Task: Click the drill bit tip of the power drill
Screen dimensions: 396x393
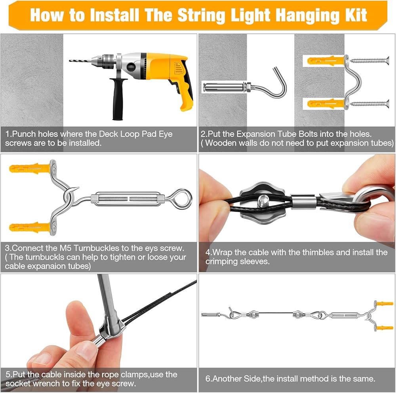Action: [x=70, y=60]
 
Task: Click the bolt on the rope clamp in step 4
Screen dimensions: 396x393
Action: [x=263, y=201]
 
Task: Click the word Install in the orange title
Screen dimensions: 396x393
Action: [x=114, y=15]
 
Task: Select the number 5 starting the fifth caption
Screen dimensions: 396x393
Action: [x=8, y=374]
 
